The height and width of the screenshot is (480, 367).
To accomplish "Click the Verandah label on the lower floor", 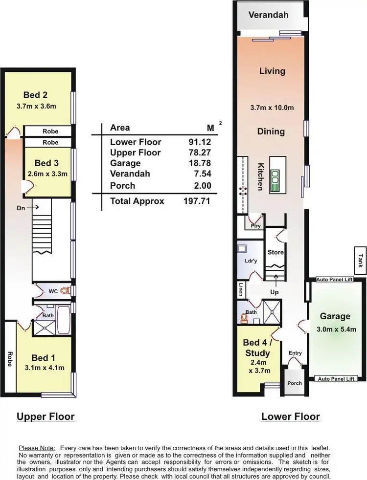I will (268, 15).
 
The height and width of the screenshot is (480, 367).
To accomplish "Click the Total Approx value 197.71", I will (196, 201).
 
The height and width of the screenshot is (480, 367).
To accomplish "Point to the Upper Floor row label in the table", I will (135, 153).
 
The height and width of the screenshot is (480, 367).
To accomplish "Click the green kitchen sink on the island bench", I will (275, 180).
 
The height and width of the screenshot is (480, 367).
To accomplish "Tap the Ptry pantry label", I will (255, 226).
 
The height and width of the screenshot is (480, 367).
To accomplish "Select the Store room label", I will (275, 252).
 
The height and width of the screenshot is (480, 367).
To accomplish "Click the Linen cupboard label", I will (241, 290).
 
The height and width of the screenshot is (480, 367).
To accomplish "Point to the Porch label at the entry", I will (294, 383).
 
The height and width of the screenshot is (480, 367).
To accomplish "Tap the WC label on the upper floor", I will (53, 291).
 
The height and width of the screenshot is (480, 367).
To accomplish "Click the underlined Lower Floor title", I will (290, 417).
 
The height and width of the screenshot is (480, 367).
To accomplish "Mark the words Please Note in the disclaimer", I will (37, 448).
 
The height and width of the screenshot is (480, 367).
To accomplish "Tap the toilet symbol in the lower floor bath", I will (244, 318).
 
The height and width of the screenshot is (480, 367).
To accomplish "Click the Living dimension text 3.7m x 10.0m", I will (272, 108).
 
